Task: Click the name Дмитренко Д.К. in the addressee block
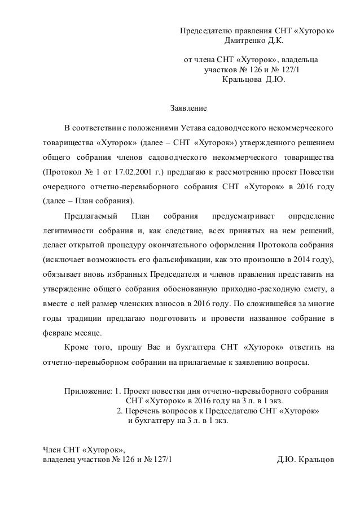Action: coord(255,41)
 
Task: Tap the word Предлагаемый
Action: coord(91,216)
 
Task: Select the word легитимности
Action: coord(68,230)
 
